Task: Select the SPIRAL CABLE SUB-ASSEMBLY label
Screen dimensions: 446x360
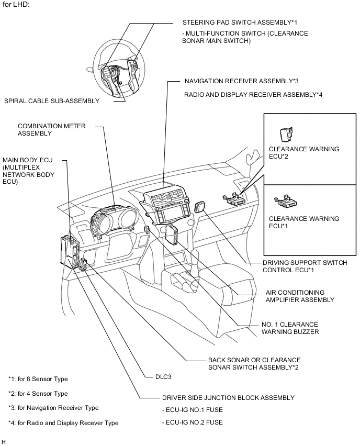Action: [51, 101]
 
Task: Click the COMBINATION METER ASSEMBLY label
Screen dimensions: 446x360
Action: [51, 130]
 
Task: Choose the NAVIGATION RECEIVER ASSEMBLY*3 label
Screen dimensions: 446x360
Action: [241, 81]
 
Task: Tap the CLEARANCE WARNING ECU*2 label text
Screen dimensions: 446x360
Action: [303, 152]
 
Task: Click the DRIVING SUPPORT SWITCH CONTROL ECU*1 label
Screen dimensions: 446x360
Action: [304, 266]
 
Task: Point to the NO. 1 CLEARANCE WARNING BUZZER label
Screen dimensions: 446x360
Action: [289, 328]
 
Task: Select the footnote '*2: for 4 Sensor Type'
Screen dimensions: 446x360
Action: [38, 393]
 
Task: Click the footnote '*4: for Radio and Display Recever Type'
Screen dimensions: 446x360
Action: [63, 422]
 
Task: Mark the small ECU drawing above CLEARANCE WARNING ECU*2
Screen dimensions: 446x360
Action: [286, 135]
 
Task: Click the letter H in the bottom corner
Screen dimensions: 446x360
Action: [4, 442]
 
